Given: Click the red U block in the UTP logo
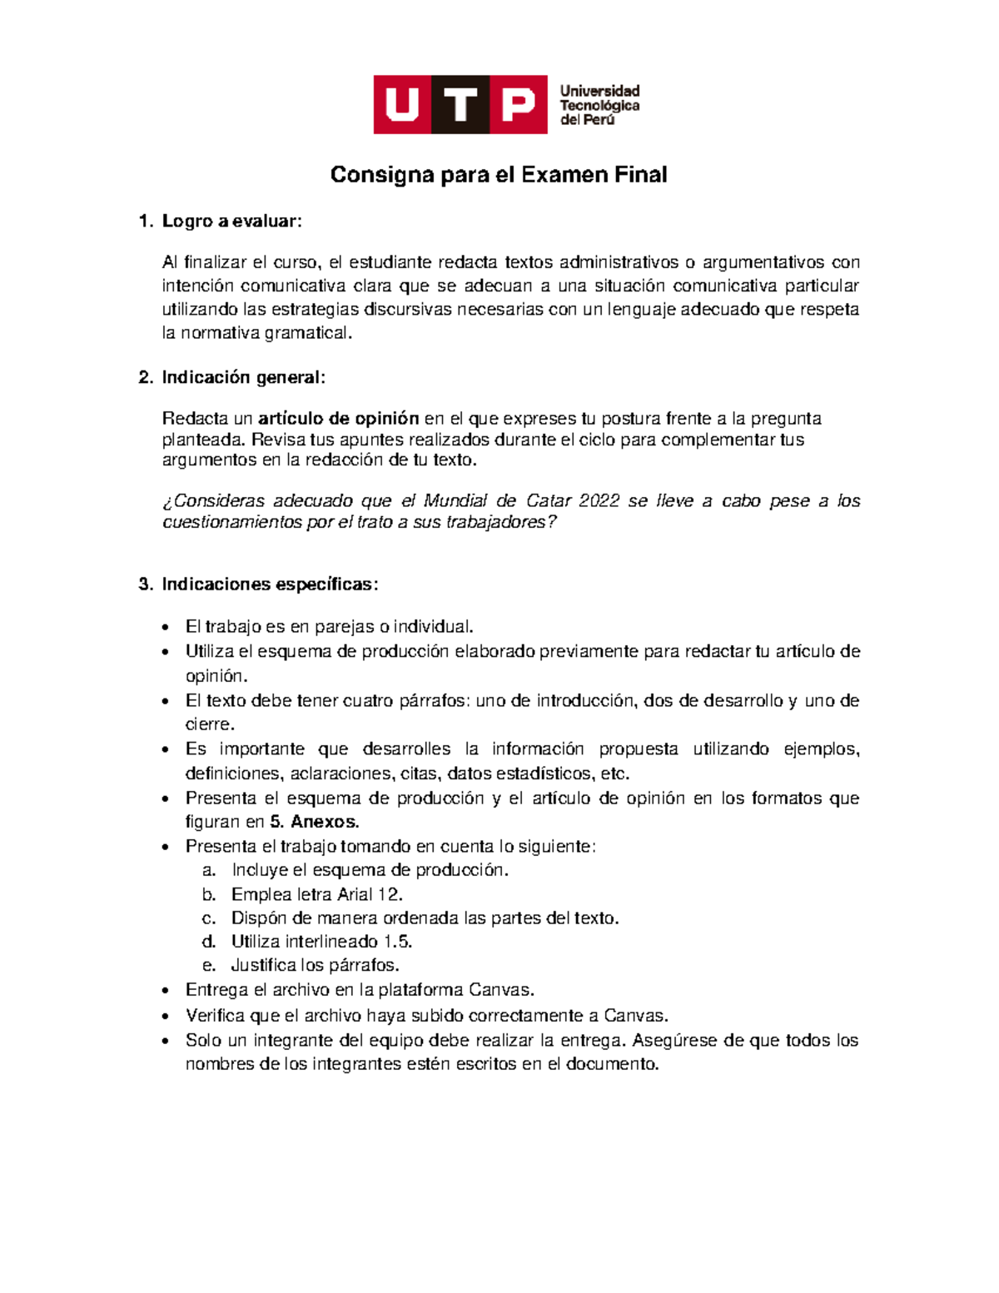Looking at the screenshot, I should pyautogui.click(x=402, y=105).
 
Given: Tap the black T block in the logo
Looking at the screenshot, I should pyautogui.click(x=460, y=105).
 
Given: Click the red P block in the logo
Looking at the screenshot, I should pyautogui.click(x=518, y=105).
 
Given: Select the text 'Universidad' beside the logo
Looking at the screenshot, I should pyautogui.click(x=599, y=91).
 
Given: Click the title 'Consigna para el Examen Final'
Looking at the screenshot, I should pyautogui.click(x=499, y=175).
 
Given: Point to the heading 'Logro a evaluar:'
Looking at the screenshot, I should pyautogui.click(x=231, y=221).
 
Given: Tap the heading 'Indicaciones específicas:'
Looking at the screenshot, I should pyautogui.click(x=270, y=584).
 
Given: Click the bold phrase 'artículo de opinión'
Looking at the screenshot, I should pyautogui.click(x=339, y=418).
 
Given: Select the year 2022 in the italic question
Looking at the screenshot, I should pyautogui.click(x=599, y=500).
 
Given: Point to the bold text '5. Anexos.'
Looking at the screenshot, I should pyautogui.click(x=315, y=822).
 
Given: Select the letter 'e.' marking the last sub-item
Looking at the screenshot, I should pyautogui.click(x=209, y=966).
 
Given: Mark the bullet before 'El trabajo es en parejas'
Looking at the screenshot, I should pyautogui.click(x=167, y=628).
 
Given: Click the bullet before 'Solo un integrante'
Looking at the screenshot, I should pyautogui.click(x=167, y=1042).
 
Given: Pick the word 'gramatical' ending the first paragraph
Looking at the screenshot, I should pyautogui.click(x=307, y=333).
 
